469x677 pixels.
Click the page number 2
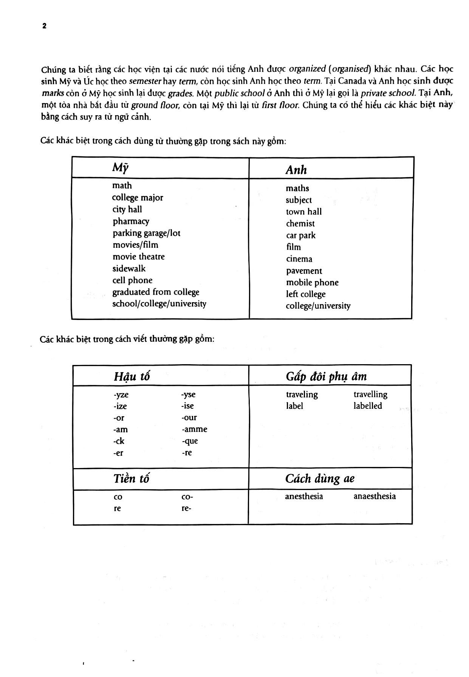pos(44,26)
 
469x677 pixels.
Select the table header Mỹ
pos(120,167)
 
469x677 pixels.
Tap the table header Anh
pos(296,170)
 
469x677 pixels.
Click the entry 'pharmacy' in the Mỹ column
pos(131,221)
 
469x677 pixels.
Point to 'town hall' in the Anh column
pos(304,212)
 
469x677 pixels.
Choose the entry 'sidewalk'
pos(129,269)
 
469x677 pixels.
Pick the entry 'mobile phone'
pos(312,283)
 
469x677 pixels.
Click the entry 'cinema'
pos(299,259)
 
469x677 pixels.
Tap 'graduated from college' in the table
pos(156,292)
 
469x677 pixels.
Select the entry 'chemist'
pos(300,224)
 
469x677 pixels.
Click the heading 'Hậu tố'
pos(132,376)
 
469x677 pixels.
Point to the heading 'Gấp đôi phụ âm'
pos(326,376)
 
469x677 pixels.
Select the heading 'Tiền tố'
pos(131,479)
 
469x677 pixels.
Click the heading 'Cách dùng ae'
pos(320,479)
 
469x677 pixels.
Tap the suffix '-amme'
pos(194,430)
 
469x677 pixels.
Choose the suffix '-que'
pos(190,441)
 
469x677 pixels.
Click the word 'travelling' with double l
pos(370,394)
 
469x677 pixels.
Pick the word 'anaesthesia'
pos(375,496)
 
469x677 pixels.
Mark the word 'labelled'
pos(368,406)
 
